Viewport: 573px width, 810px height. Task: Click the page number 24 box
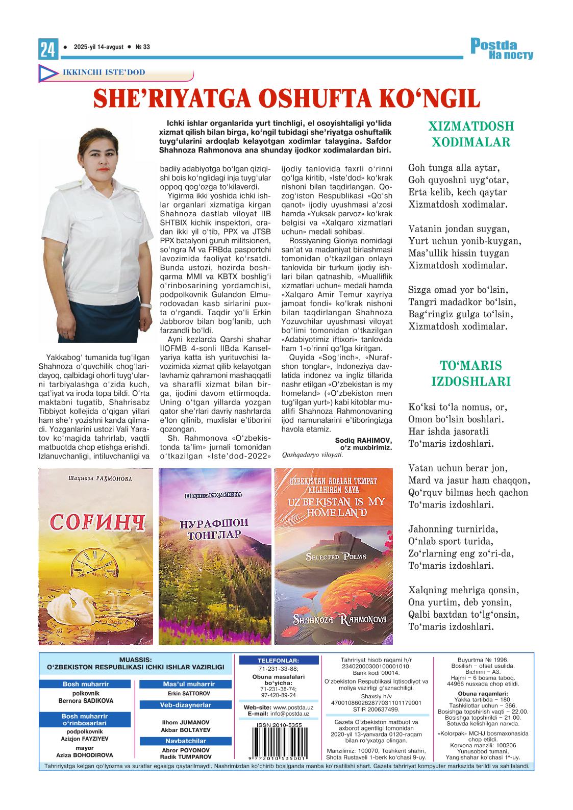pyautogui.click(x=47, y=48)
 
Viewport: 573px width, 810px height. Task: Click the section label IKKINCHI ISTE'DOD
pyautogui.click(x=104, y=72)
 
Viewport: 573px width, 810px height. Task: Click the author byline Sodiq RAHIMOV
pyautogui.click(x=363, y=440)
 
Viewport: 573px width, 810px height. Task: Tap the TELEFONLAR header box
pyautogui.click(x=279, y=660)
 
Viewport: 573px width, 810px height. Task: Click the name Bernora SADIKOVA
pyautogui.click(x=86, y=701)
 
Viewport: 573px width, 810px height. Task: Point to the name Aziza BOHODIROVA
pyautogui.click(x=86, y=755)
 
